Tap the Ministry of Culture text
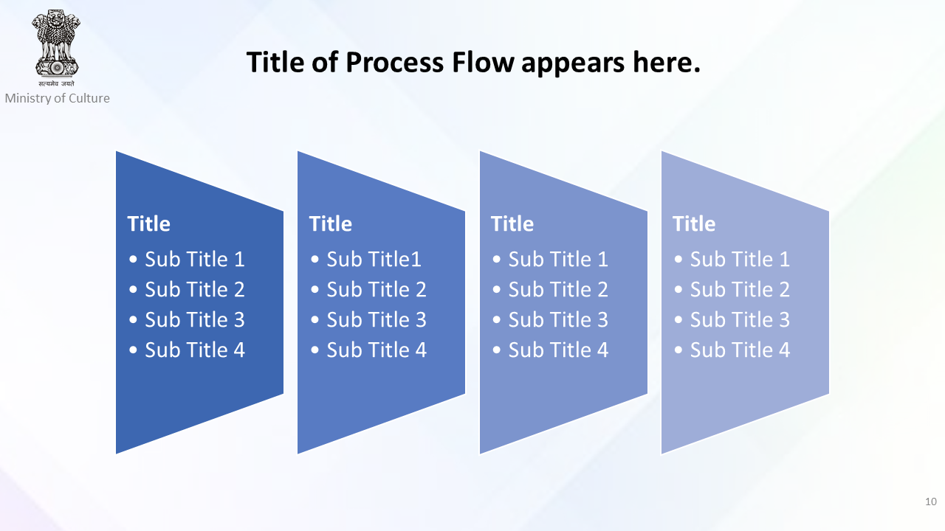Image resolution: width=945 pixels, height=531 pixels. click(x=58, y=98)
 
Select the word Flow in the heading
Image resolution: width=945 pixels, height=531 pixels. click(x=483, y=63)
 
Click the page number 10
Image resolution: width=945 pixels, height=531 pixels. click(x=931, y=502)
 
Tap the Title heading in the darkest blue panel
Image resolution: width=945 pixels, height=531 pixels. click(x=149, y=223)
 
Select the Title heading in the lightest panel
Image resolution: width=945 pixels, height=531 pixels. click(x=694, y=223)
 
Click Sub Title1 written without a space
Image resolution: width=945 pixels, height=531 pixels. click(x=374, y=259)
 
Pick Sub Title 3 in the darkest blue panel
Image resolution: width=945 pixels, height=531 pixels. click(x=195, y=319)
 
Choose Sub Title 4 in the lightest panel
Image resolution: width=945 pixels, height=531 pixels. click(x=740, y=350)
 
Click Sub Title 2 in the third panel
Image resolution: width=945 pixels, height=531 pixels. click(x=558, y=289)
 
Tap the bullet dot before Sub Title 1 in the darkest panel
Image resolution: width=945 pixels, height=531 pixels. click(x=134, y=259)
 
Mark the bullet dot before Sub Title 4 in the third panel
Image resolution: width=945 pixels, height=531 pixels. click(x=497, y=350)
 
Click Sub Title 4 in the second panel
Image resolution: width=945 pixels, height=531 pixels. click(x=377, y=350)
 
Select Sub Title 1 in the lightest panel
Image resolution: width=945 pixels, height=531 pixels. click(x=740, y=259)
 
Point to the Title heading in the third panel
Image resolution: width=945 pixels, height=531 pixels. click(x=512, y=223)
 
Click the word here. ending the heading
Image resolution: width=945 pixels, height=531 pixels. click(x=667, y=63)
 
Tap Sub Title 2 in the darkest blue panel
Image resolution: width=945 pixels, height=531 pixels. click(x=195, y=289)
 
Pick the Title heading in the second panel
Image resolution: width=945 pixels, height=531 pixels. click(x=331, y=223)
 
